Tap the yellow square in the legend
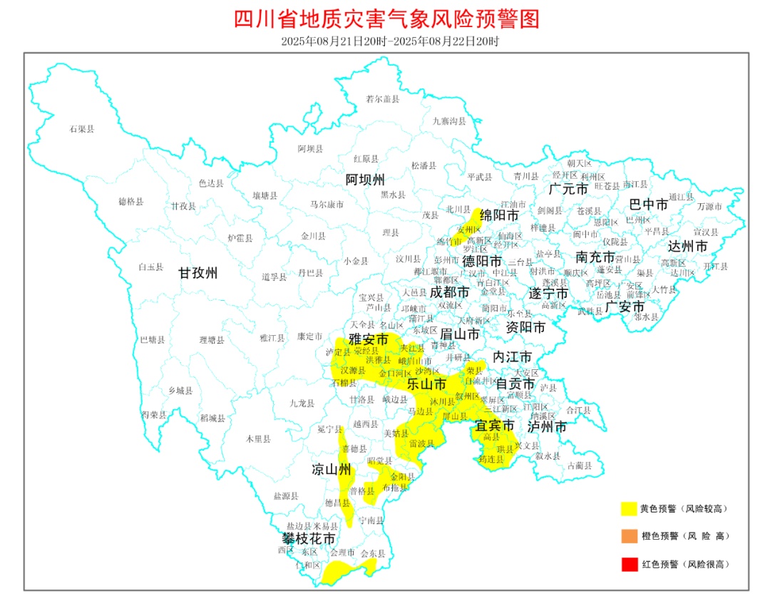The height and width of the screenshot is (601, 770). pyautogui.click(x=628, y=508)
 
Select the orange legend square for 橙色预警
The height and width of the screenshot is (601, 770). pyautogui.click(x=628, y=535)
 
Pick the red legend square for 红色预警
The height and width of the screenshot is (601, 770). pyautogui.click(x=628, y=564)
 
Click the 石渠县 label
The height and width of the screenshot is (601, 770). pyautogui.click(x=82, y=129)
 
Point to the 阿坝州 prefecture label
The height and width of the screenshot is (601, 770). pyautogui.click(x=365, y=178)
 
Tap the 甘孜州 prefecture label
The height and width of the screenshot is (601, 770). pyautogui.click(x=197, y=273)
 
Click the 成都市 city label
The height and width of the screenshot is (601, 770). pyautogui.click(x=450, y=292)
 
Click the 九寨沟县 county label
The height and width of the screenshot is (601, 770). pyautogui.click(x=449, y=121)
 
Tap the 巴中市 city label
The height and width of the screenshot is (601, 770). pyautogui.click(x=649, y=205)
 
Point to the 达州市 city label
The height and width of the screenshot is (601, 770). pyautogui.click(x=688, y=246)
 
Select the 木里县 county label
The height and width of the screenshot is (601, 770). pyautogui.click(x=258, y=439)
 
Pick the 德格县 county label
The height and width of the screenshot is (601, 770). pyautogui.click(x=130, y=202)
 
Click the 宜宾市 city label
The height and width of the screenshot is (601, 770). pyautogui.click(x=495, y=426)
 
